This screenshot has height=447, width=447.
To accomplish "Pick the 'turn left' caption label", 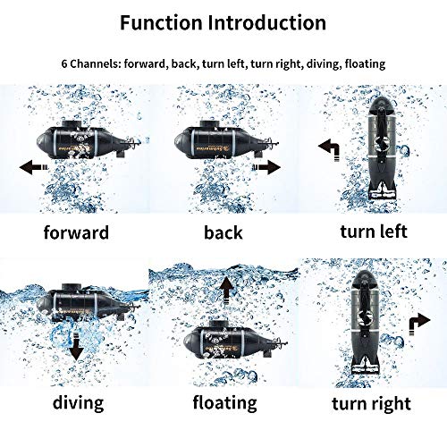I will click(373, 232).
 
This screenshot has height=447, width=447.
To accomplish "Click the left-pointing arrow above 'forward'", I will click(34, 165).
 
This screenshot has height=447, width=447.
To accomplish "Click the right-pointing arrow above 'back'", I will click(266, 165).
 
